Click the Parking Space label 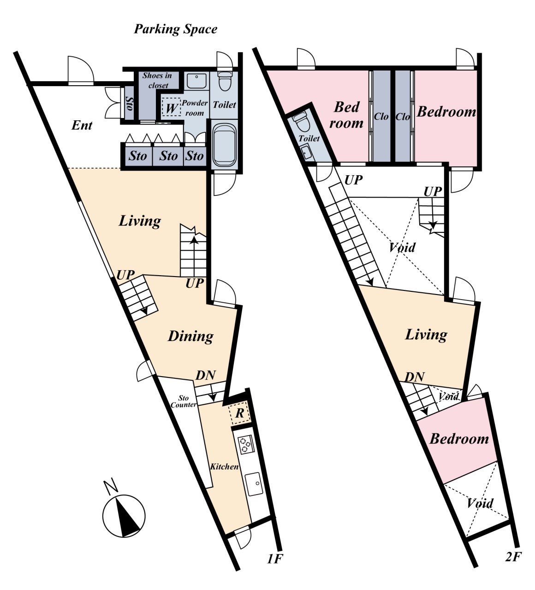coord(176,29)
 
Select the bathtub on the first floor coord(225,145)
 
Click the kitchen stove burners coord(246,444)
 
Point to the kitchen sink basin coord(254,484)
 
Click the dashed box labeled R coord(239,413)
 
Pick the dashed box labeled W coord(171,107)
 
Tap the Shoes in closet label coord(157,80)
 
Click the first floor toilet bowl coord(226,82)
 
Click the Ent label coord(82,125)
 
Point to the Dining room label coord(190,336)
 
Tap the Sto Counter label coord(184,401)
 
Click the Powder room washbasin coord(196,81)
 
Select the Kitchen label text coord(224,466)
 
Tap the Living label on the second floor coord(426,335)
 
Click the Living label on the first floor coord(140,221)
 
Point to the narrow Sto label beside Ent coord(129,104)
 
